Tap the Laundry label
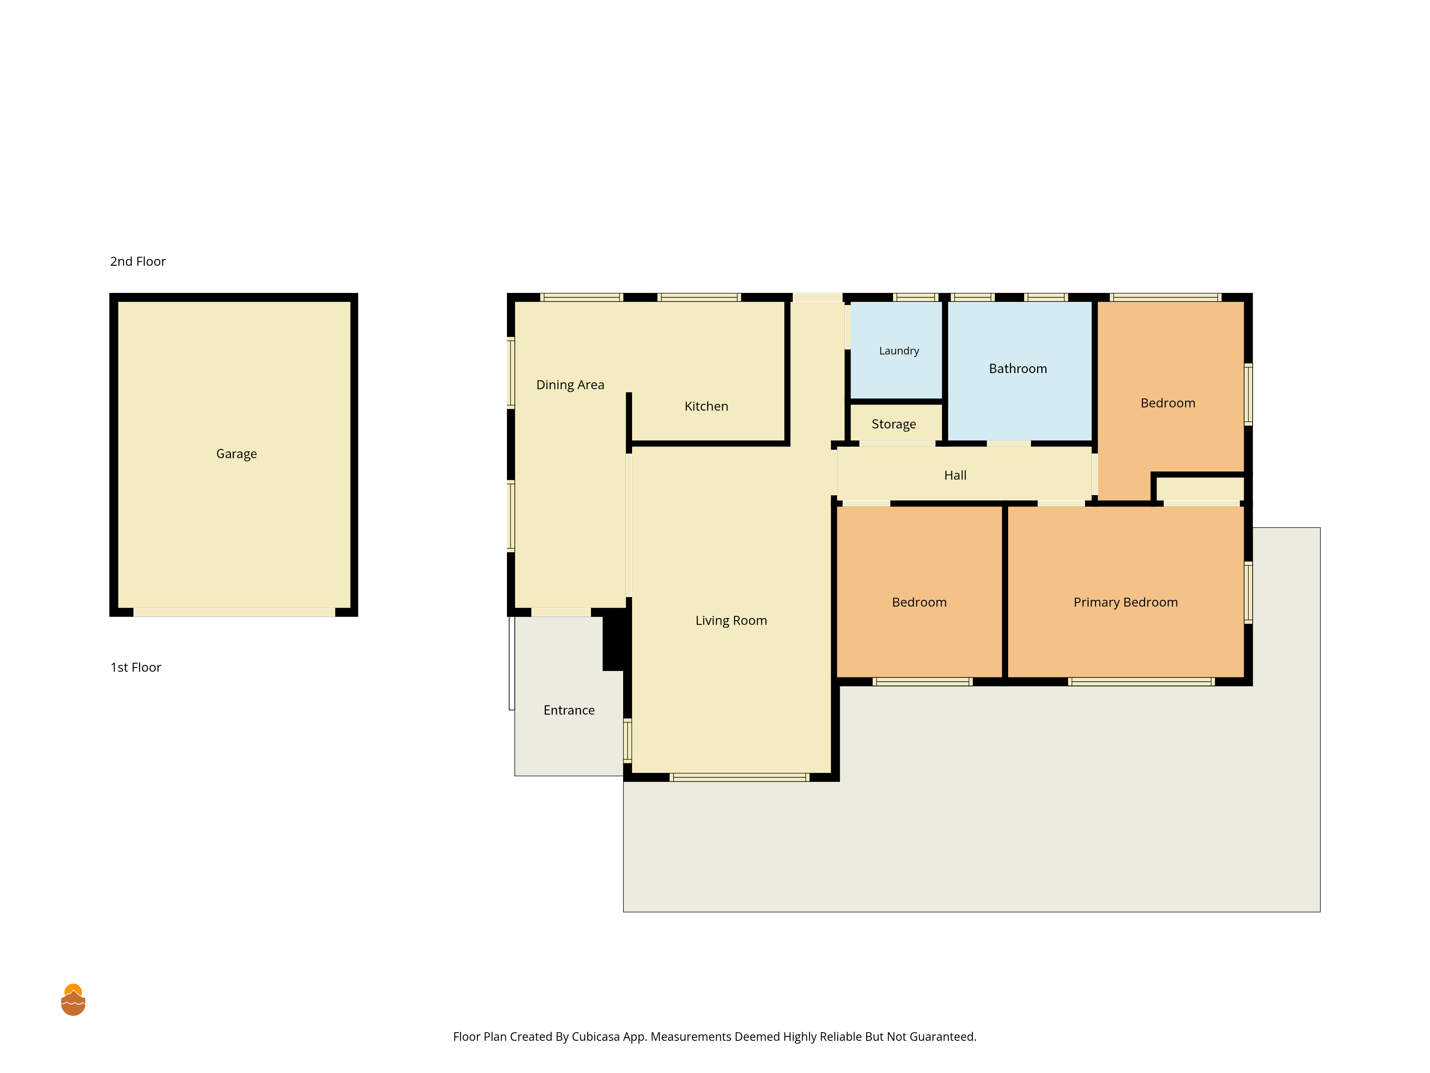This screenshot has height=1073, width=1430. pos(899,351)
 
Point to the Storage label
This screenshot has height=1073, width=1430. pos(893,424)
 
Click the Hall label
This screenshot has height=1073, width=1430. pos(955,475)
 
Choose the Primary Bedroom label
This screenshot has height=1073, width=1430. pos(1125,602)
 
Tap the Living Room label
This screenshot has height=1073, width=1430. pos(731,620)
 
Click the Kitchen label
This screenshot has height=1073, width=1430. pos(706,406)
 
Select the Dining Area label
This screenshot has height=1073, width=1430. pos(570,385)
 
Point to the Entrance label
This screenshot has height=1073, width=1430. pos(569,710)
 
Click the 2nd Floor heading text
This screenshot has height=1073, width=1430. pos(138,261)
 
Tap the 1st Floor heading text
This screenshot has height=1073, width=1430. pos(136,667)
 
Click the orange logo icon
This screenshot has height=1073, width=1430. pos(73,1000)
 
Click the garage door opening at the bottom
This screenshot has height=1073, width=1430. pos(234,612)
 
